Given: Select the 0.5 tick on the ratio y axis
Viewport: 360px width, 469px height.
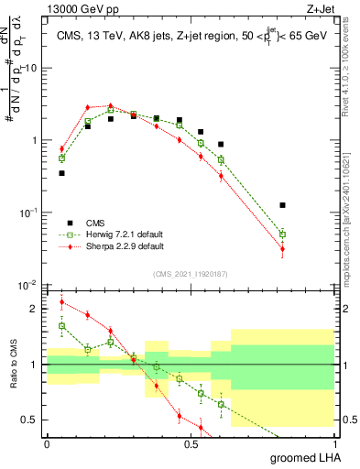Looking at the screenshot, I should pos(33,420).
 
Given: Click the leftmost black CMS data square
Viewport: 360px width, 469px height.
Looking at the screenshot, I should pos(61,172).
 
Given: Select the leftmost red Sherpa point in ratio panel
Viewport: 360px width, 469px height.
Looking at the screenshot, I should pos(61,302).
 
